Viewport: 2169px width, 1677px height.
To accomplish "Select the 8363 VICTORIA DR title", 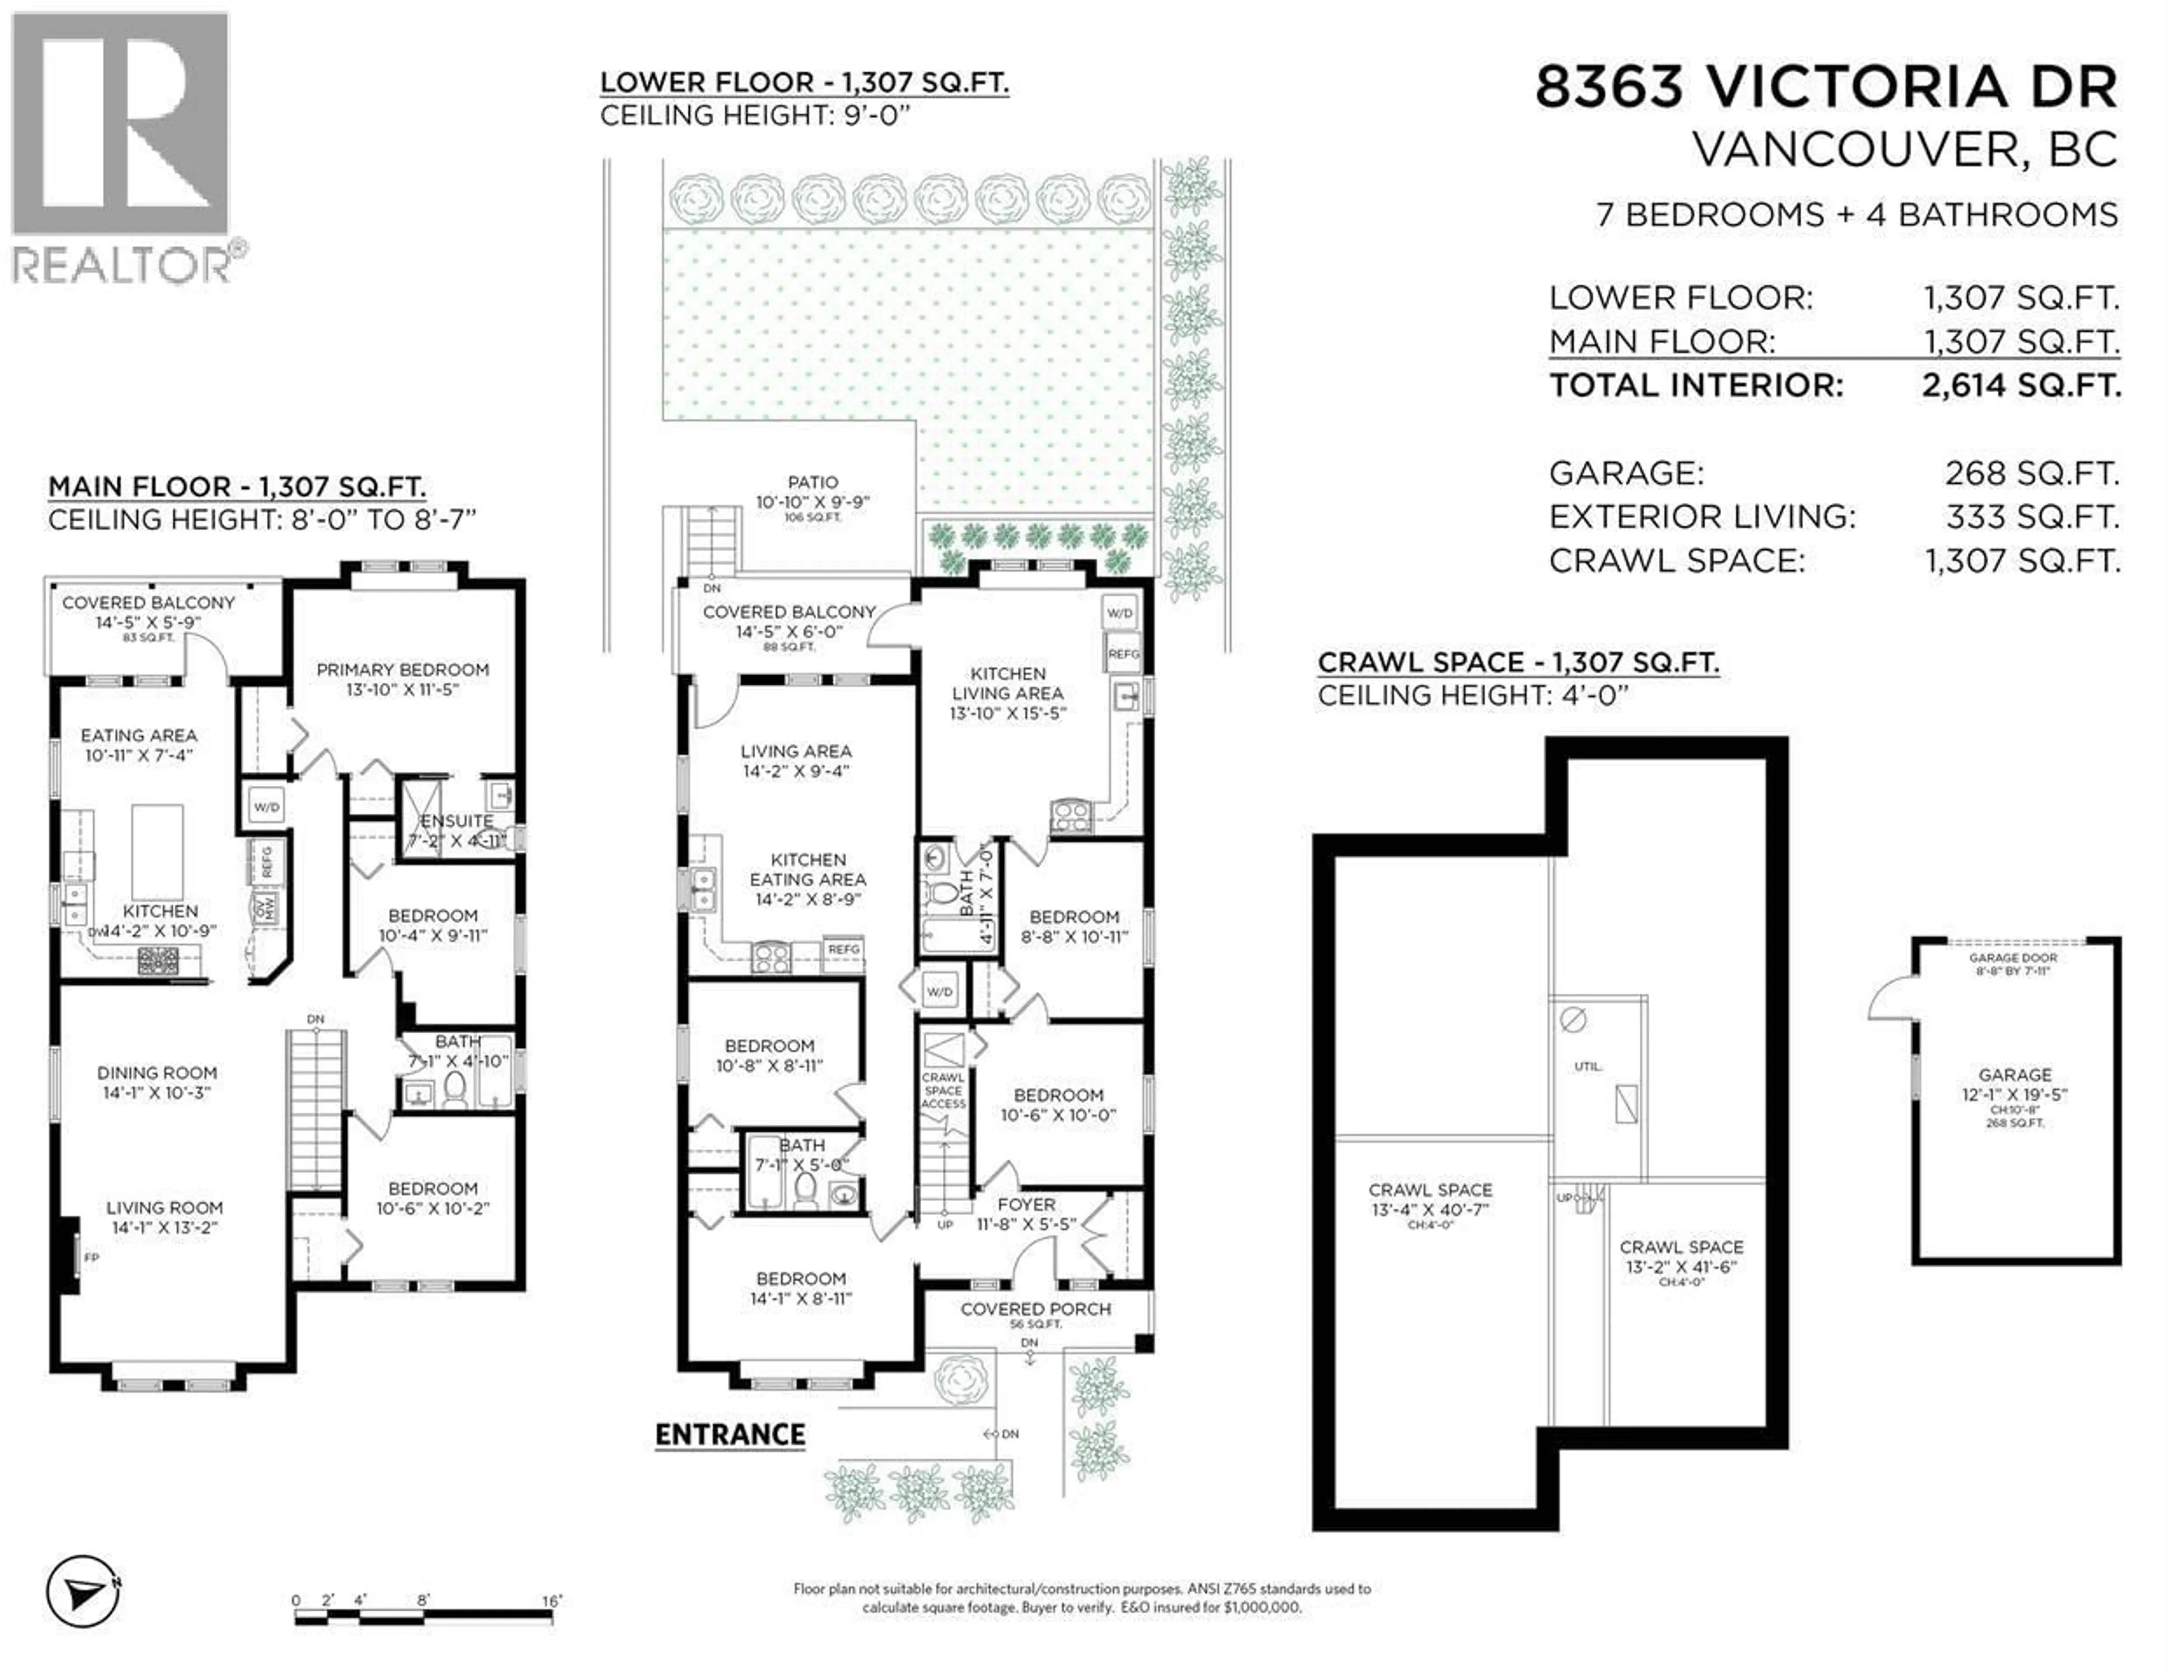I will [x=1826, y=88].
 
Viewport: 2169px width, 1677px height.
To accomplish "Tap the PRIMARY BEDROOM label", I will [x=402, y=670].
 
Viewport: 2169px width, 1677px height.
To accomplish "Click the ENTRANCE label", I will [x=730, y=1435].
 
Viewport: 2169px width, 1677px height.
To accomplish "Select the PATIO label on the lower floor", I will [x=812, y=482].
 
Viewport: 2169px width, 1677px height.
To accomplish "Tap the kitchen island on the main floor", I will [x=157, y=851].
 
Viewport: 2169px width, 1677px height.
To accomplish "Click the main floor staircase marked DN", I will [x=316, y=1107].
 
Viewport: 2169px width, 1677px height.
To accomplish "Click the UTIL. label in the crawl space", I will [x=1587, y=1066].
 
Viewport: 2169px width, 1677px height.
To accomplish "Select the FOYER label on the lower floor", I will [x=1026, y=1204].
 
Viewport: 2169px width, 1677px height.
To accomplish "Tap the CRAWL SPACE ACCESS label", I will [x=943, y=1090].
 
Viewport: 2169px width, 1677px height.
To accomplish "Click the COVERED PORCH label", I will [x=1035, y=1309].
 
